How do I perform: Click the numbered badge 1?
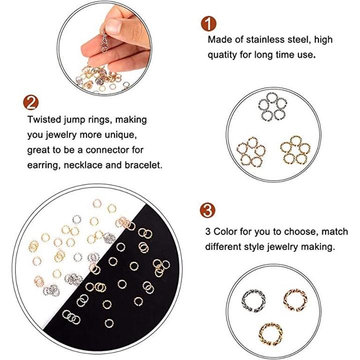point(208,23)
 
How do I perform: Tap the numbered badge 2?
point(31,102)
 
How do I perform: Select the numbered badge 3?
point(207,210)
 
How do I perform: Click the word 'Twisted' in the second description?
point(44,119)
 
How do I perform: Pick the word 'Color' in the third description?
point(225,231)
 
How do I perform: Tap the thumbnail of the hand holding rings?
point(104,48)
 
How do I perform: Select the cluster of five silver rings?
point(272,107)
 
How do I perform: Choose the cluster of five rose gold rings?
point(250,152)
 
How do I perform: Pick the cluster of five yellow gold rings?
point(295,150)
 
